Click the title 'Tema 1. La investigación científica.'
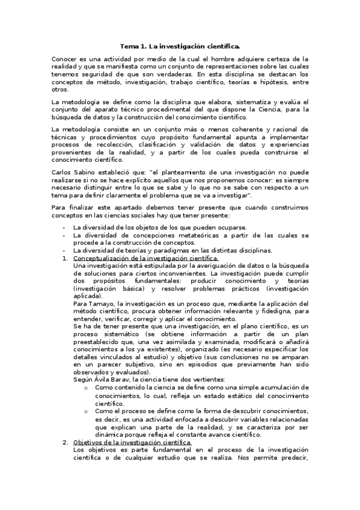pos(180,46)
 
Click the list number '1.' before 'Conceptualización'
pos(66,258)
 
